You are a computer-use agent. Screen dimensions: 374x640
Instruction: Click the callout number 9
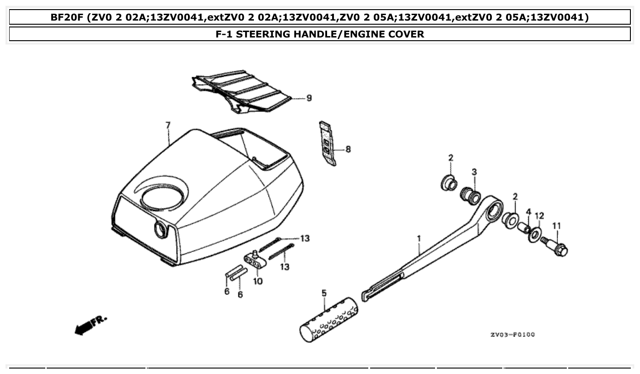(x=309, y=98)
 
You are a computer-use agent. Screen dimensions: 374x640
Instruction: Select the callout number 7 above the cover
(x=168, y=125)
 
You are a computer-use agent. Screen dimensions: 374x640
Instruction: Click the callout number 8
(x=348, y=149)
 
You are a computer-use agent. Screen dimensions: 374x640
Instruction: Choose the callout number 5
(x=324, y=293)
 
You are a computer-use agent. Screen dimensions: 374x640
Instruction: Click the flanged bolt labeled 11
(x=556, y=246)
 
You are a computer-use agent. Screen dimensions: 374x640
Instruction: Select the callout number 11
(x=556, y=226)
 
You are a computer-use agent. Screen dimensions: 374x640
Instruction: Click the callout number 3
(x=474, y=172)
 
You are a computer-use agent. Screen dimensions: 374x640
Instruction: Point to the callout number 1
(x=419, y=238)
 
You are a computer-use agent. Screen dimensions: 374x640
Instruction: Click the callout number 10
(x=258, y=281)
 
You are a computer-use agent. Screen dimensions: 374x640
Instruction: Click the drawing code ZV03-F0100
(x=512, y=335)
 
